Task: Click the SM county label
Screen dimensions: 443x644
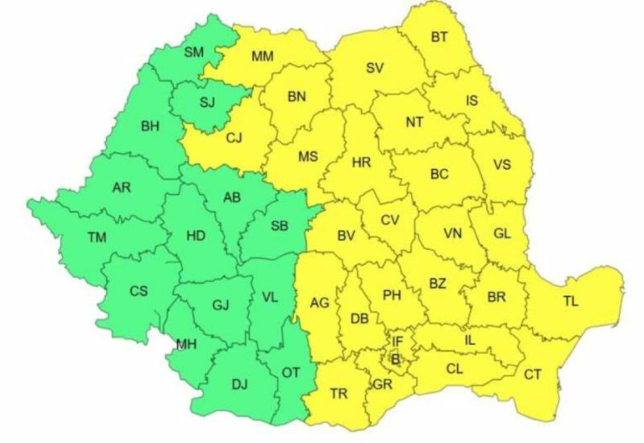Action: tap(194, 53)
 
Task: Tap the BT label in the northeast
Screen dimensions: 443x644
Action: tap(439, 38)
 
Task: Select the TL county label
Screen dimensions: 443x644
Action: tap(571, 301)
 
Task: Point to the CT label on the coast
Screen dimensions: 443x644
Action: tap(532, 374)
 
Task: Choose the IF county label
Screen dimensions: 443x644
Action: tap(398, 341)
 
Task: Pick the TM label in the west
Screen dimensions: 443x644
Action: tap(97, 238)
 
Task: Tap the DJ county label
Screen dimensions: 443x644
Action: tap(239, 384)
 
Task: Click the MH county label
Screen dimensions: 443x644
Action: tap(186, 345)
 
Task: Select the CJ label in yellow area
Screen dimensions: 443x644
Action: tap(234, 137)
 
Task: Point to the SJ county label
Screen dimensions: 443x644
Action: tap(207, 101)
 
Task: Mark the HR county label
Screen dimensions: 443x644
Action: tap(361, 163)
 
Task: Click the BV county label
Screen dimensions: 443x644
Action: tap(346, 236)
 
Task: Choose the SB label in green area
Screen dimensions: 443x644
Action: tap(279, 225)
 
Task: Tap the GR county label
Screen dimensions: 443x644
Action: tap(383, 386)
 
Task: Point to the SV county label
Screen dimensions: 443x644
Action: tap(375, 67)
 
